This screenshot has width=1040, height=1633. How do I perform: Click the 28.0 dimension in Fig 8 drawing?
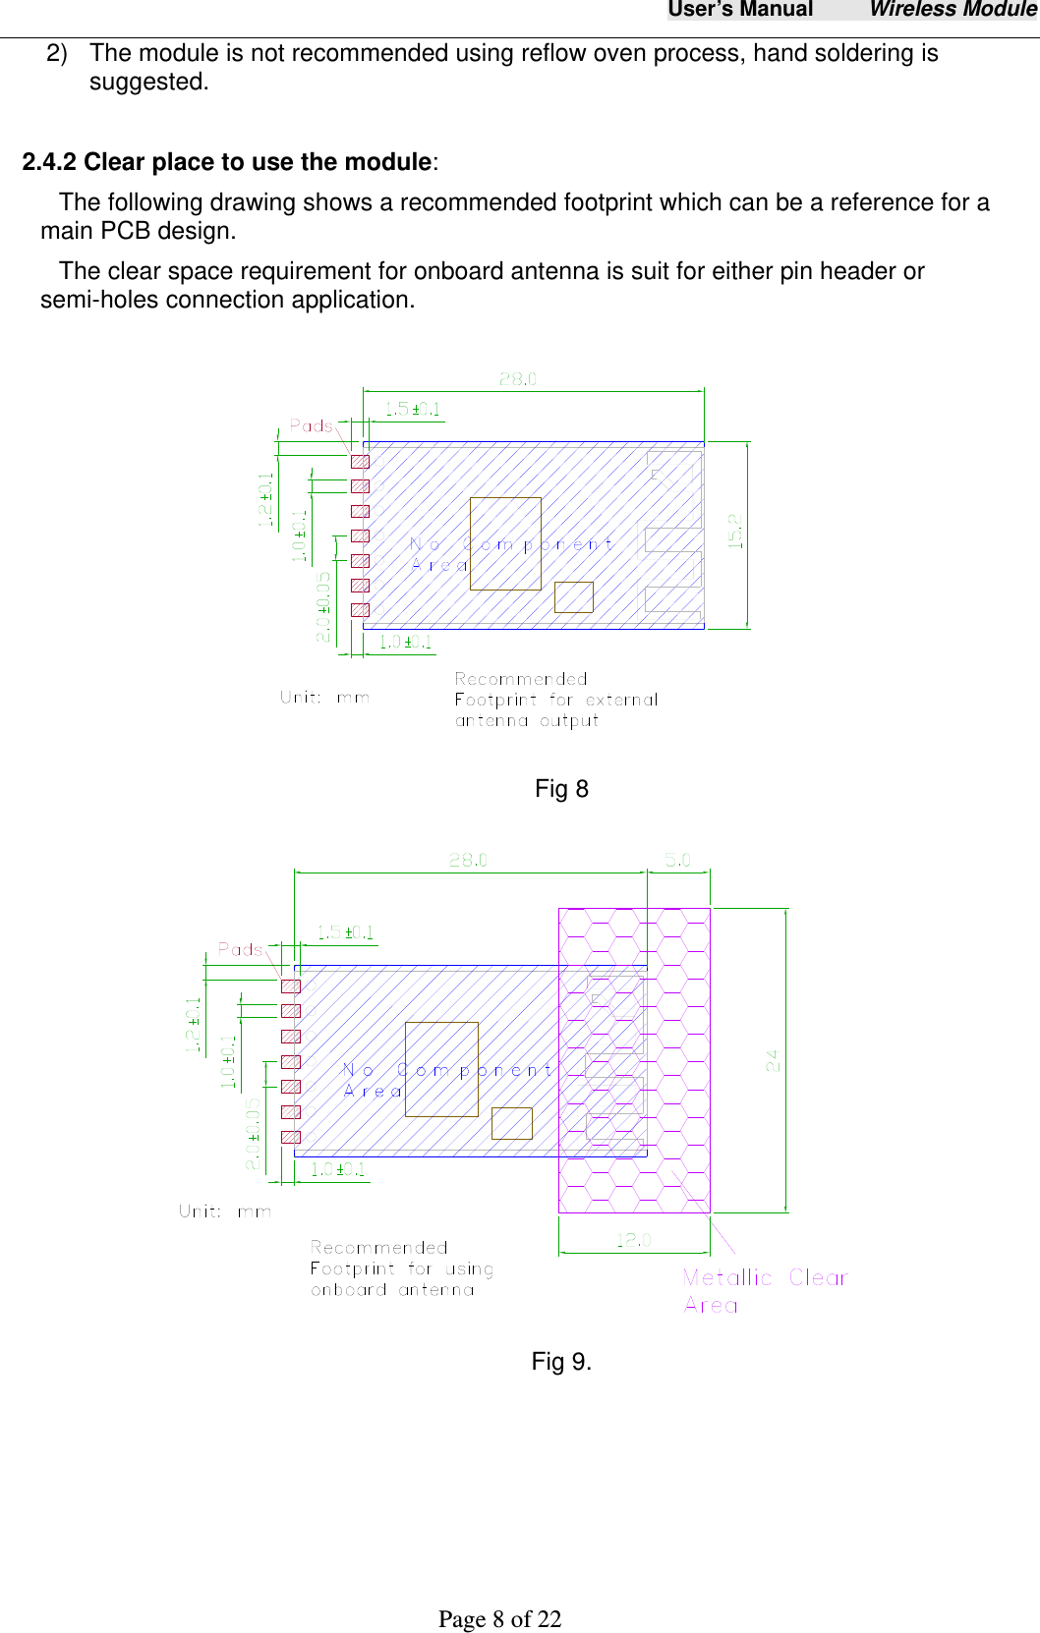click(x=518, y=379)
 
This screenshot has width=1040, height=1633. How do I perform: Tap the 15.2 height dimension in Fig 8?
click(x=735, y=532)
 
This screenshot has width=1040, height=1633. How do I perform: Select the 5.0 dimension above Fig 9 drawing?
click(x=678, y=860)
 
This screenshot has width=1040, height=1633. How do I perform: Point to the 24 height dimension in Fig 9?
click(x=773, y=1060)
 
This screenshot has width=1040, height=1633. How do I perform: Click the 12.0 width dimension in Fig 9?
click(x=634, y=1240)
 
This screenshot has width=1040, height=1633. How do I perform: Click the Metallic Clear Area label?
click(x=764, y=1290)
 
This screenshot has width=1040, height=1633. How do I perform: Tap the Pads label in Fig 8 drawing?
click(x=312, y=425)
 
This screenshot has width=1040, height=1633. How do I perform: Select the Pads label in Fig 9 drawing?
click(x=241, y=949)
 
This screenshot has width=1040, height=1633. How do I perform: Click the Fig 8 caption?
click(x=561, y=789)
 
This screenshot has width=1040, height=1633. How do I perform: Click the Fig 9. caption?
click(x=561, y=1362)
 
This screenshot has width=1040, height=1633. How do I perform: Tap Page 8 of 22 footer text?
click(x=499, y=1619)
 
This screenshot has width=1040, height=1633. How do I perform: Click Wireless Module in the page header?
click(x=952, y=10)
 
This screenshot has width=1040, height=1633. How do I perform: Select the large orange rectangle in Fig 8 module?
click(x=505, y=543)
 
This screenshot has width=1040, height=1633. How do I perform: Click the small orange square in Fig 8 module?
click(x=573, y=597)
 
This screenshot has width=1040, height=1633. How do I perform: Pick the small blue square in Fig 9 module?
click(x=511, y=1123)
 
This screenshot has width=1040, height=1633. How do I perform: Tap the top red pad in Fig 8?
click(x=360, y=462)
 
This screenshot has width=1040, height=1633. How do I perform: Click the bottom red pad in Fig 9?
click(x=291, y=1137)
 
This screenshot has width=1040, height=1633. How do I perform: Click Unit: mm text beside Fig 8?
click(x=324, y=698)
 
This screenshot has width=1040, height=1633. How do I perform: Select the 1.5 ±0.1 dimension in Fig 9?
click(x=345, y=932)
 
